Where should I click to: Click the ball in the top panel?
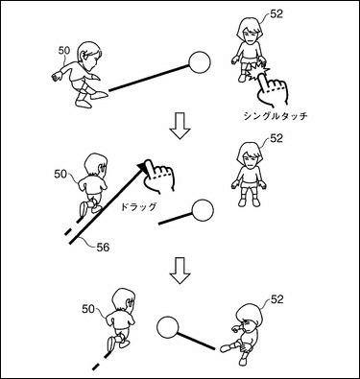click(x=200, y=62)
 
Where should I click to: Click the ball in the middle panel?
click(x=202, y=210)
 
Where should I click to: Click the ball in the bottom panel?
click(x=167, y=327)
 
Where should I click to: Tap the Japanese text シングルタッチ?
click(x=276, y=115)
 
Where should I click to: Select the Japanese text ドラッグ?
click(x=138, y=206)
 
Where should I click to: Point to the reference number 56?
click(x=103, y=247)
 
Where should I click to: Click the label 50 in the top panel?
click(x=64, y=50)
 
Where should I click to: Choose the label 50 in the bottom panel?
click(x=88, y=309)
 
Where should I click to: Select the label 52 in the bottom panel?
click(x=277, y=299)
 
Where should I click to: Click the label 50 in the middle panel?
click(x=60, y=174)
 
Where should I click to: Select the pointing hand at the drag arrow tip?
click(x=158, y=177)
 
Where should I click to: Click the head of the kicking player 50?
click(x=89, y=56)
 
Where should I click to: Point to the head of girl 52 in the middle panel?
click(x=251, y=154)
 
